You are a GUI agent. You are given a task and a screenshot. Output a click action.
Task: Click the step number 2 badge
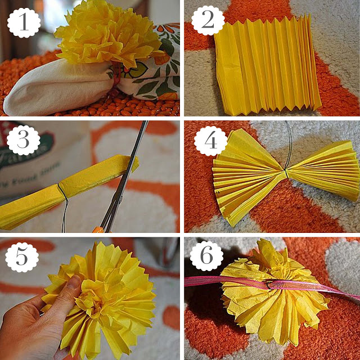[x=208, y=22]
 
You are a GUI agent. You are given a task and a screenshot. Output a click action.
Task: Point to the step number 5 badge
[x=22, y=258]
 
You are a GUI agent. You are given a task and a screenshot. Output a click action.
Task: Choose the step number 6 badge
[x=206, y=256]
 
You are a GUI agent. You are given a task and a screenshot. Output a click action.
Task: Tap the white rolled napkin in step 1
[x=56, y=90]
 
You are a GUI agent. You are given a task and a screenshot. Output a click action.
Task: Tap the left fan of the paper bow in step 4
[x=247, y=174]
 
